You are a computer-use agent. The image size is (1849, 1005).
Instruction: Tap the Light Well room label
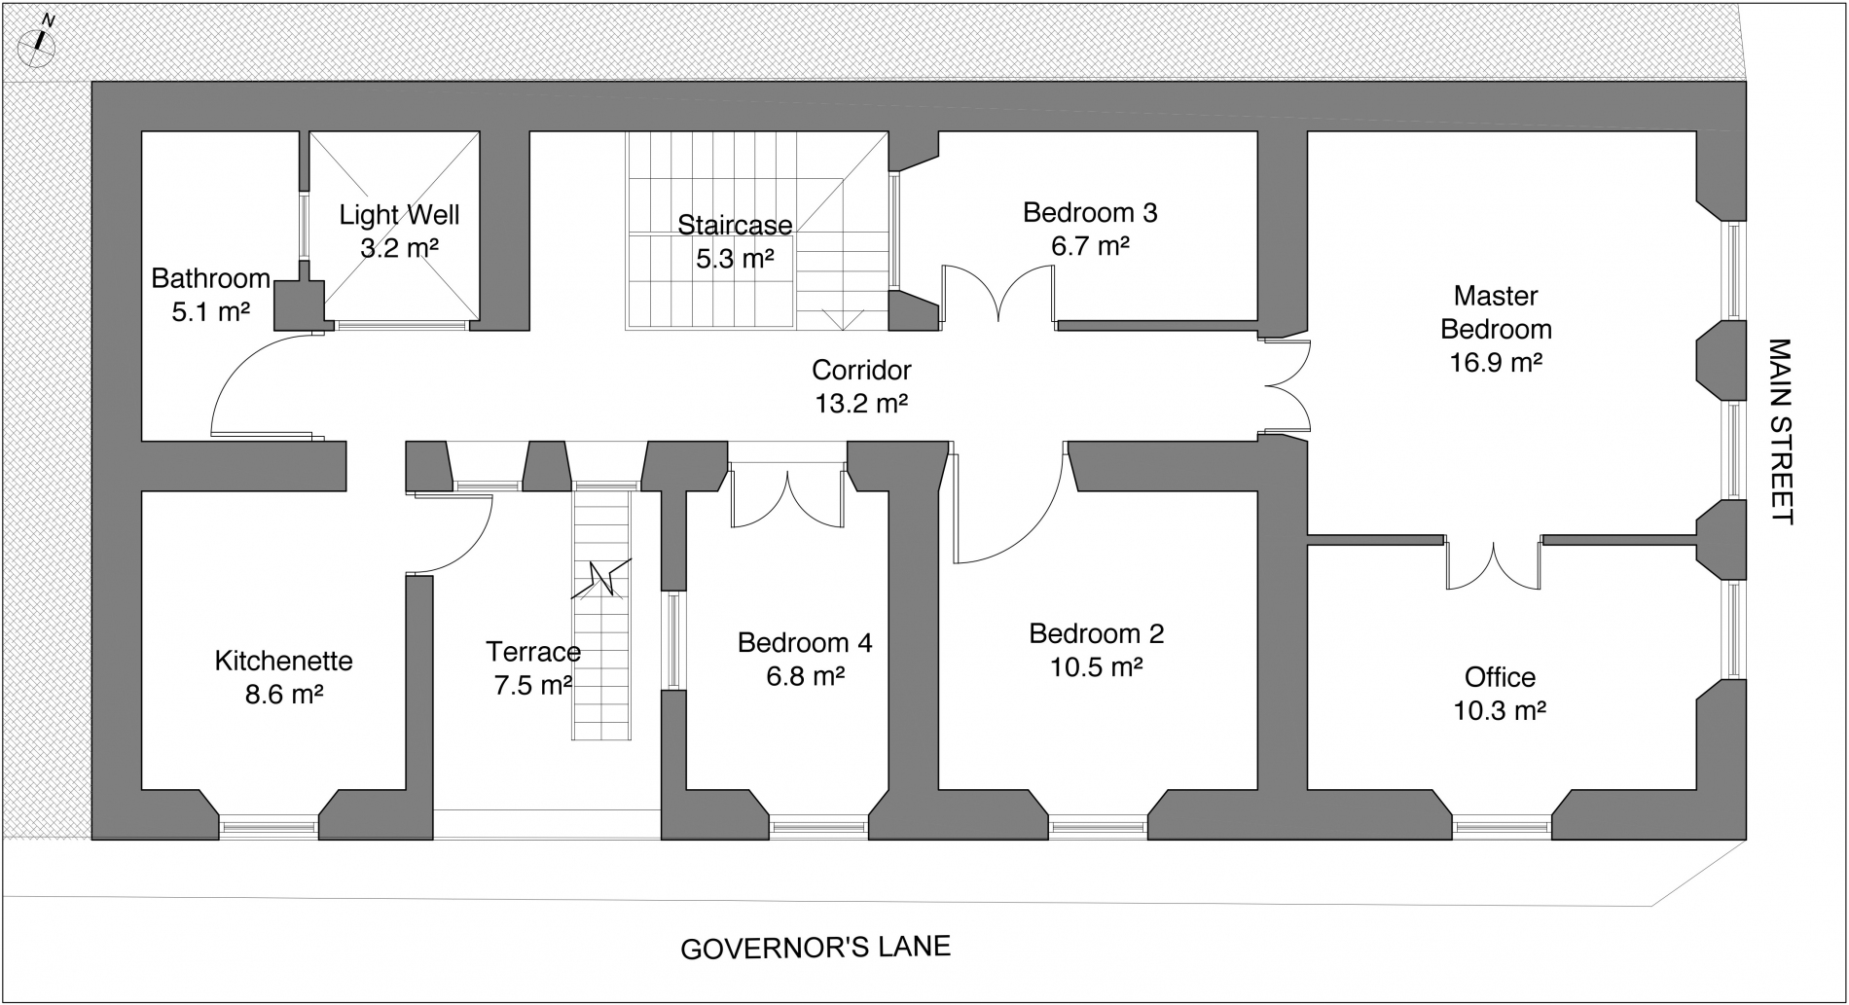pos(399,214)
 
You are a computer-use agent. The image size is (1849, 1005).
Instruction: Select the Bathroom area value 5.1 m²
pos(211,312)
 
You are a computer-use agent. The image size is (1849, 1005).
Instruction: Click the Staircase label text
pos(735,225)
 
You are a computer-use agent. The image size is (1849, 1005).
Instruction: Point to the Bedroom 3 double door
pos(998,294)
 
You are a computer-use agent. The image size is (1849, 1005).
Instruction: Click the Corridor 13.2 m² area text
pos(861,403)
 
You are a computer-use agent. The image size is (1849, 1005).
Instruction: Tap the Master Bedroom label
pos(1496,312)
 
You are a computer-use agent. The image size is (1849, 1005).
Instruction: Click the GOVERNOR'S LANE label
pos(816,948)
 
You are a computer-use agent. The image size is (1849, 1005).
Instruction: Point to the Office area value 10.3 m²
pos(1500,711)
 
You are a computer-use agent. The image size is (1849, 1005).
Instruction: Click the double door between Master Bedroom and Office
pos(1493,562)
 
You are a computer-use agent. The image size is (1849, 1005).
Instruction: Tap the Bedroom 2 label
pos(1097,633)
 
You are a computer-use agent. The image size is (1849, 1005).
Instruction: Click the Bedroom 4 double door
pos(787,496)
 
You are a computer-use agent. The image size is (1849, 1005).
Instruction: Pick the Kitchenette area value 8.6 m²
pos(284,695)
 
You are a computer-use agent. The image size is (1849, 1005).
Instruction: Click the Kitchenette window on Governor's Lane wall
pos(269,827)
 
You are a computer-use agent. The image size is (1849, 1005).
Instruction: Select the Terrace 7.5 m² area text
pos(532,686)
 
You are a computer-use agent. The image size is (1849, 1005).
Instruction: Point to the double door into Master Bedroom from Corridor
pos(1285,384)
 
